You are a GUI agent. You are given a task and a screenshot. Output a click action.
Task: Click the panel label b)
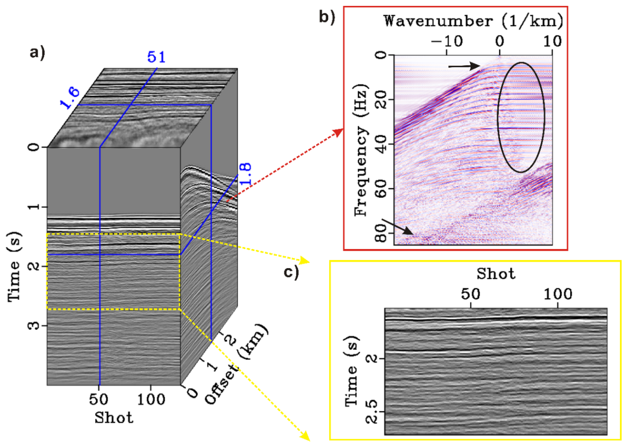pos(327,17)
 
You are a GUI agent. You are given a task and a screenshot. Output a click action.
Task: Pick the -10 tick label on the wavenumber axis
pos(446,41)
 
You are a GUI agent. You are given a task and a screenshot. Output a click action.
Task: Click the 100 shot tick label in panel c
pos(558,294)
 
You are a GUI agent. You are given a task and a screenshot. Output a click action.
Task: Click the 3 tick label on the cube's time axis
pos(34,326)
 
